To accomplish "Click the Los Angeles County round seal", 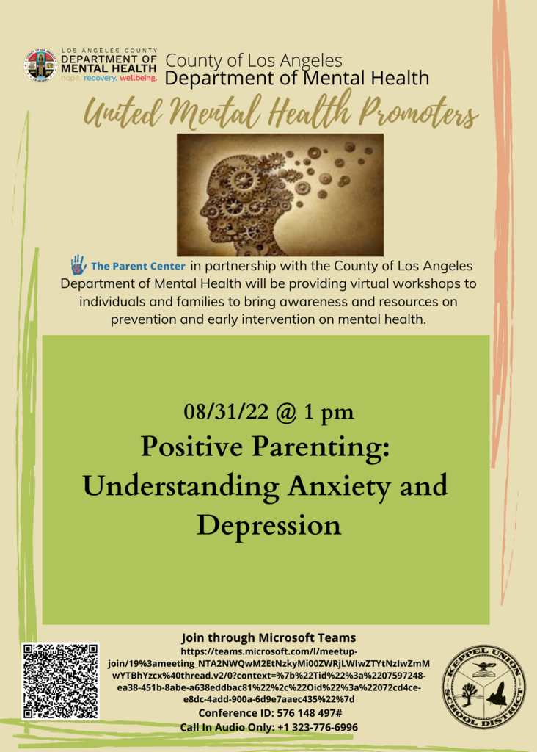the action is point(41,65).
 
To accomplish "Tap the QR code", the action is point(60,681).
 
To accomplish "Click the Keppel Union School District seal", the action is point(483,686).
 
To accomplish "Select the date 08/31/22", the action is point(226,411).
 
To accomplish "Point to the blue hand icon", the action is point(78,264).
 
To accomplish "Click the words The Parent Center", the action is point(138,266).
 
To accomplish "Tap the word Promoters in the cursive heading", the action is point(419,113).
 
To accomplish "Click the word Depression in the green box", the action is point(268,526).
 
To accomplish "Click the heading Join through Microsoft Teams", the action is point(268,638).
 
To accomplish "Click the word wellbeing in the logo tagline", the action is point(138,78).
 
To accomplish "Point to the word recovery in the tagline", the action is point(100,78).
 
